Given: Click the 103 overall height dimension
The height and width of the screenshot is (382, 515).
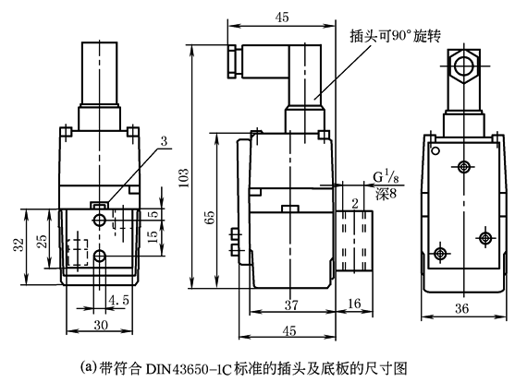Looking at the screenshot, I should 184,173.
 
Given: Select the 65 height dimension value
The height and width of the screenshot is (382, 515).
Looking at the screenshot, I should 210,217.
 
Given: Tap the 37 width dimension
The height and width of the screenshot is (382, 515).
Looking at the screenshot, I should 290,304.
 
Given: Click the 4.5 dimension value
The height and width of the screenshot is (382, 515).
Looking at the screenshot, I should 118,300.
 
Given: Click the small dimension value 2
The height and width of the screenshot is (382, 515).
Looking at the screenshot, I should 354,203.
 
